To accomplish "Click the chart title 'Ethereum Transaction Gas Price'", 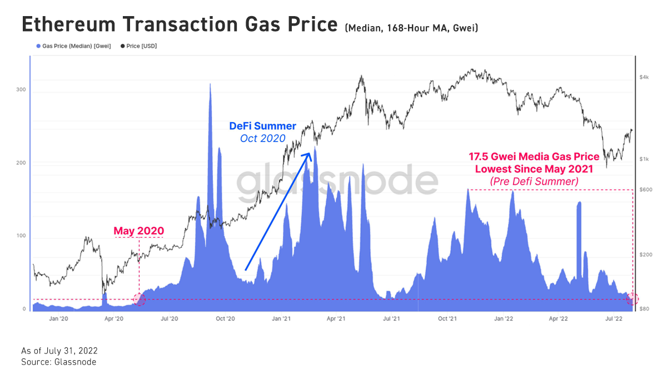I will (x=179, y=25).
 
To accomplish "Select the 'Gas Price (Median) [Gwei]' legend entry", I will (x=72, y=46).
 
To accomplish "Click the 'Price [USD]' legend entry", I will (x=142, y=46).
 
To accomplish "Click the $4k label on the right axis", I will (x=644, y=77).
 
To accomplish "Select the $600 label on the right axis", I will (x=645, y=190).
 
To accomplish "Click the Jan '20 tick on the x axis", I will (x=58, y=319).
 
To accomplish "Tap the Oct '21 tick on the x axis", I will (x=447, y=319).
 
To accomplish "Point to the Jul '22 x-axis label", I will (x=614, y=319).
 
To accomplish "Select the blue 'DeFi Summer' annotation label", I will (x=262, y=127).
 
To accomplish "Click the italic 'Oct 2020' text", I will (x=262, y=139).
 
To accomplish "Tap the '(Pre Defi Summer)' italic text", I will (x=534, y=181).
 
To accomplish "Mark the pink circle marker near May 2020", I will (x=139, y=300).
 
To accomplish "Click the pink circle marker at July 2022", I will (x=633, y=300).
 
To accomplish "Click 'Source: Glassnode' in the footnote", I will (x=58, y=362).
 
